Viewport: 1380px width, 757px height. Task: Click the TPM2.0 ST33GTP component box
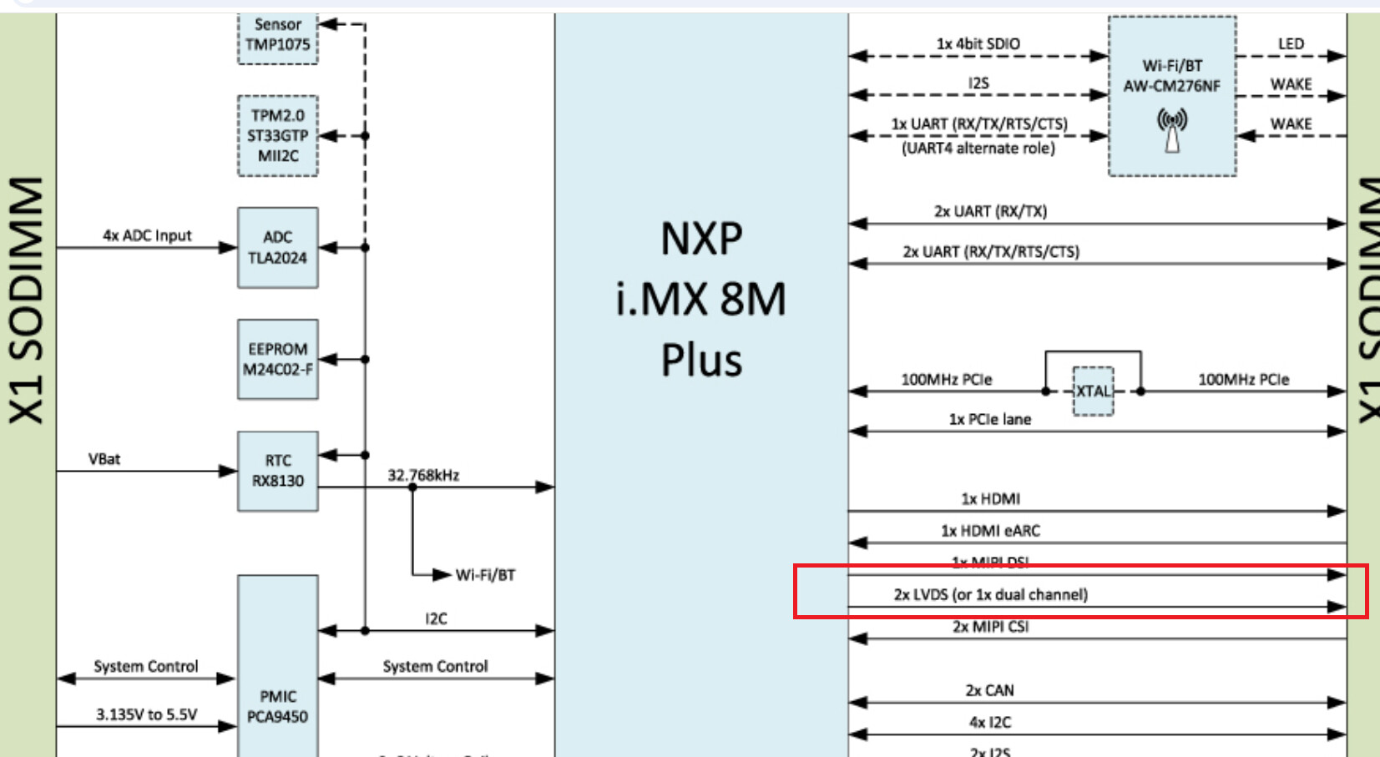pyautogui.click(x=278, y=135)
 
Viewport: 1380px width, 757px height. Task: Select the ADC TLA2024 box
pyautogui.click(x=278, y=247)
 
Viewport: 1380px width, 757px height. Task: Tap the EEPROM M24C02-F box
pyautogui.click(x=278, y=359)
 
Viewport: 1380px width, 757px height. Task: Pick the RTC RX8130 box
pyautogui.click(x=278, y=471)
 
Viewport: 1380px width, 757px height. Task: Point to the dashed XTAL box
pyautogui.click(x=1093, y=391)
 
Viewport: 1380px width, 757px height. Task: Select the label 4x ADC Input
pyautogui.click(x=147, y=235)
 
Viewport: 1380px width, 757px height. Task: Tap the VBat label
pyautogui.click(x=104, y=459)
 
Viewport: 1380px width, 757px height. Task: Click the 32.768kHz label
pyautogui.click(x=423, y=475)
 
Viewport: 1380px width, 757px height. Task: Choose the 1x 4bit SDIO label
pyautogui.click(x=978, y=43)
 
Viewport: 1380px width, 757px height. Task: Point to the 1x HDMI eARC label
pyautogui.click(x=990, y=531)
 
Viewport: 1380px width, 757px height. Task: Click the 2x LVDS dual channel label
pyautogui.click(x=990, y=594)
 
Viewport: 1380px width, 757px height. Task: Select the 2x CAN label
pyautogui.click(x=989, y=690)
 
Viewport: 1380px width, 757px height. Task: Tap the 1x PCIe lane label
pyautogui.click(x=989, y=419)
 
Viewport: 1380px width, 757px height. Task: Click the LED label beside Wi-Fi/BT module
pyautogui.click(x=1291, y=43)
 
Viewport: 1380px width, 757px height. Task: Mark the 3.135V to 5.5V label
pyautogui.click(x=146, y=714)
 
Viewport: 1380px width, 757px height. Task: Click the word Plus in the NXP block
pyautogui.click(x=701, y=361)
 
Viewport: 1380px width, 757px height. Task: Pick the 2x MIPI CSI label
pyautogui.click(x=990, y=627)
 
